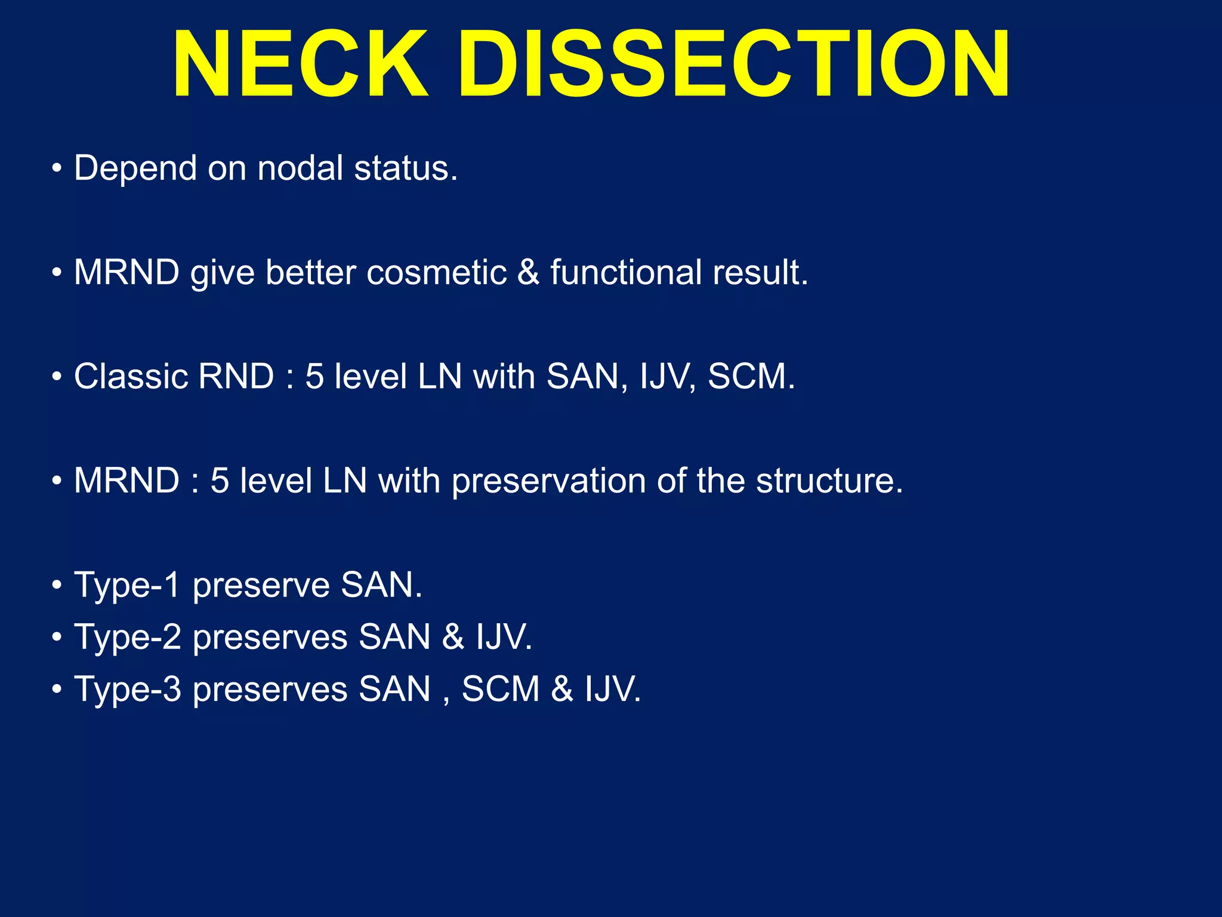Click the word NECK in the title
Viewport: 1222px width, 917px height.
click(300, 64)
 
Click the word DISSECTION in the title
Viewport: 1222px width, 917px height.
click(734, 64)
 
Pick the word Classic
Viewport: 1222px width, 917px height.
click(129, 377)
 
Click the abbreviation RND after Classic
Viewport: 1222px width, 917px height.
click(236, 377)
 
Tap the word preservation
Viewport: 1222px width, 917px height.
click(548, 481)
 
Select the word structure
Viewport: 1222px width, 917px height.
click(829, 481)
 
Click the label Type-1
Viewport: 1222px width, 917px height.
click(126, 585)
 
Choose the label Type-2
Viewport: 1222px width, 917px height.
click(127, 637)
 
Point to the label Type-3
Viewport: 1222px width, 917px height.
click(127, 689)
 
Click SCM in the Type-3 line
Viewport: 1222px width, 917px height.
click(501, 689)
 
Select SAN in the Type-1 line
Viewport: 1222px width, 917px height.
click(381, 585)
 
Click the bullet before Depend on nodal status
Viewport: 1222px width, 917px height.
click(57, 168)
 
